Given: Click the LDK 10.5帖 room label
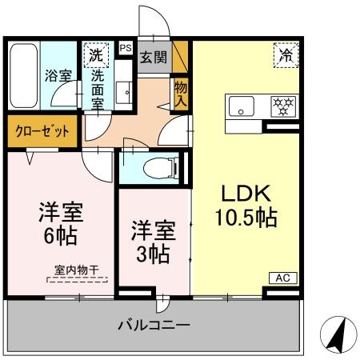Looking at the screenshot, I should click(244, 204).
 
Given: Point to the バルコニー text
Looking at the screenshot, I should click(153, 326).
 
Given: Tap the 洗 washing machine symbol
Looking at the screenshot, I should click(96, 55).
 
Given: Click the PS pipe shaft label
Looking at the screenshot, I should click(125, 48).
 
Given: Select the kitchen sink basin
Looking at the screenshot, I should click(240, 106).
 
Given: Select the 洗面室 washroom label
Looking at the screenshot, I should click(98, 87).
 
